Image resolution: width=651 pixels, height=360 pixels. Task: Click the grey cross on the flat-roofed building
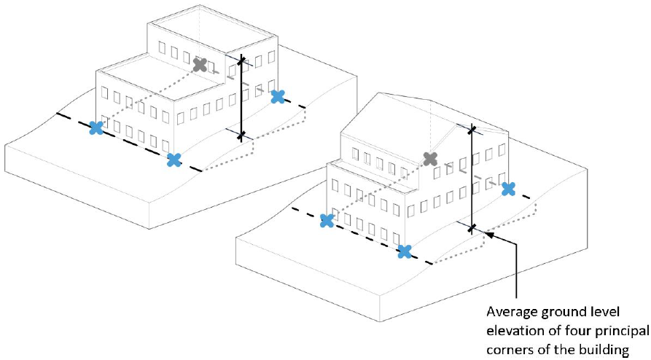point(200,64)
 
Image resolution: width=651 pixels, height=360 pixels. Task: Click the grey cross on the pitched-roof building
point(431,158)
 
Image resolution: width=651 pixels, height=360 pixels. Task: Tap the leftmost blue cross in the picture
point(96,128)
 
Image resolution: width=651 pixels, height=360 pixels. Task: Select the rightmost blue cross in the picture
point(509,189)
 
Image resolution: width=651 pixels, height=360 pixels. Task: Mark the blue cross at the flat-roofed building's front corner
point(174,160)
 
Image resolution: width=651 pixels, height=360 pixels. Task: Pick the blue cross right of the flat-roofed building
point(278,96)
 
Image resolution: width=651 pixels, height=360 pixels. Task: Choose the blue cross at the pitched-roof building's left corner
point(327,220)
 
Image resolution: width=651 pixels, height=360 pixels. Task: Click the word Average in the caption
point(512,311)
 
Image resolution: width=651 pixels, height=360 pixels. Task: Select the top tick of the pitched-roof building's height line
point(472,130)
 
